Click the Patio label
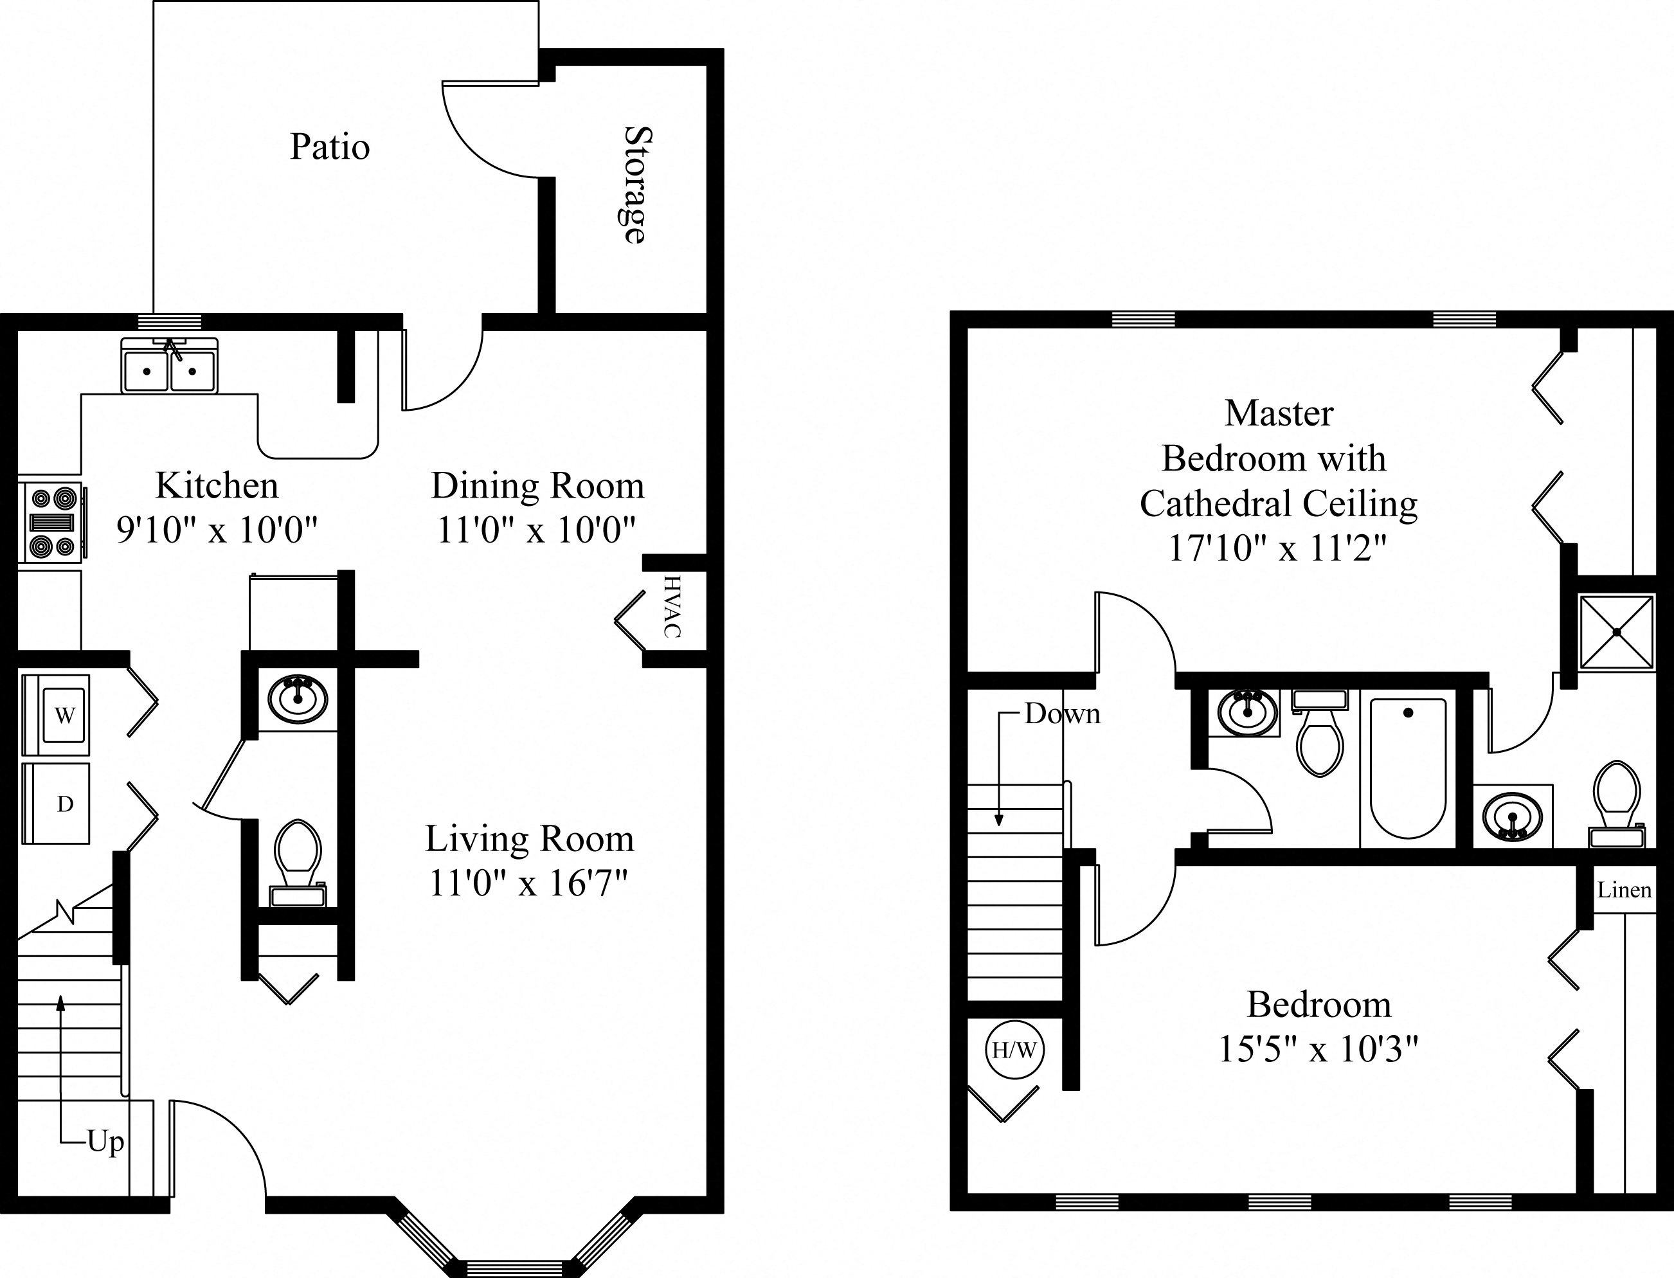click(329, 147)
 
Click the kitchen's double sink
click(169, 368)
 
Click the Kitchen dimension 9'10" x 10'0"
click(216, 528)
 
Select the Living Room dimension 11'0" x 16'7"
click(528, 883)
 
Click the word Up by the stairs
click(105, 1141)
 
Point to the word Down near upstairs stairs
click(1062, 714)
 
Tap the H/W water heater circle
click(1014, 1050)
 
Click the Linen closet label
click(1624, 889)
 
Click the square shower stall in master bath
click(1616, 631)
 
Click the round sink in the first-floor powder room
click(298, 698)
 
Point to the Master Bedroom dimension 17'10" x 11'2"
click(1278, 548)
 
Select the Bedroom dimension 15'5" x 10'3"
click(1318, 1049)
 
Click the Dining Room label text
click(537, 485)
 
